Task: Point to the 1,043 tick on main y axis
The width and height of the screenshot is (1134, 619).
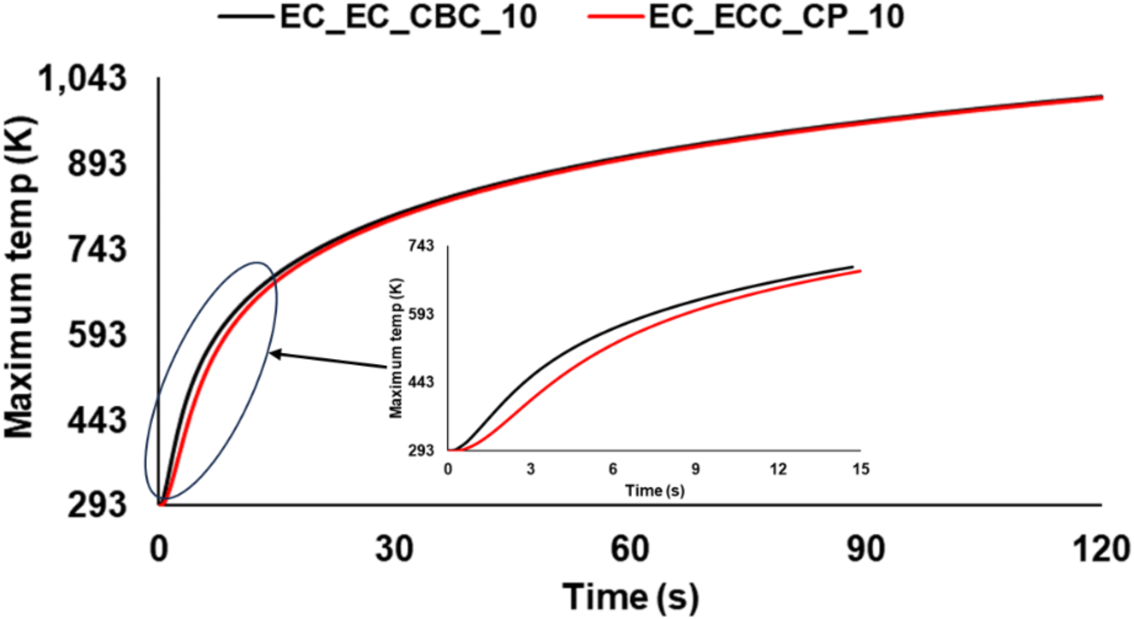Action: [82, 78]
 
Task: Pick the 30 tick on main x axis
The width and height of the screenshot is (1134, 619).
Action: [394, 548]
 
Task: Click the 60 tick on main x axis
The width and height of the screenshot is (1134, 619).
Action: [630, 548]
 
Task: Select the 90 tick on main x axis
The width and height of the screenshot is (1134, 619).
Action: [866, 548]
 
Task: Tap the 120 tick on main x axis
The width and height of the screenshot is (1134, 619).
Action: [1101, 548]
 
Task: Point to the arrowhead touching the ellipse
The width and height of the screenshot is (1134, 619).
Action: [273, 354]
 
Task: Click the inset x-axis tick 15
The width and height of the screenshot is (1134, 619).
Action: [861, 469]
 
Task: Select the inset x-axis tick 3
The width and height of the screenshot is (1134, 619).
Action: [530, 469]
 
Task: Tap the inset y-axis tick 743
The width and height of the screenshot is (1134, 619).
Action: [421, 245]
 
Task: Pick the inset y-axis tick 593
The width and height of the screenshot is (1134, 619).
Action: [421, 314]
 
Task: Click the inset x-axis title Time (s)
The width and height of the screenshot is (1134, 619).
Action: [655, 490]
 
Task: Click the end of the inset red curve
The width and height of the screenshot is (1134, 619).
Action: [860, 271]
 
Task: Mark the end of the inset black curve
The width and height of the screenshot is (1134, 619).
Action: [852, 267]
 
